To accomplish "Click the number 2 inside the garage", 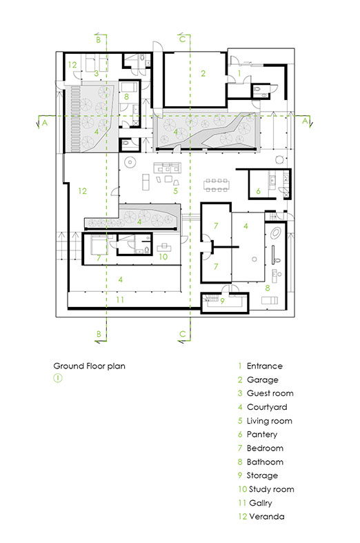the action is (x=203, y=73).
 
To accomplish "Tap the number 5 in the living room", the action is (x=175, y=191).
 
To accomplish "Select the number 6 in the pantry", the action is (x=258, y=191).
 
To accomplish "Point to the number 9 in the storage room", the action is (x=222, y=301).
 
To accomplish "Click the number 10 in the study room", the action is (x=163, y=257).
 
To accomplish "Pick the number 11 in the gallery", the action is (x=120, y=299).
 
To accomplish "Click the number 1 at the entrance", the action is (x=239, y=73).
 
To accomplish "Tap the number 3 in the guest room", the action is (x=97, y=73).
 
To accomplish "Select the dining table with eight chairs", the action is (x=217, y=185).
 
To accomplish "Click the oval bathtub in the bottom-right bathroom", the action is (x=276, y=233).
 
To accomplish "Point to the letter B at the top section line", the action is (x=99, y=40).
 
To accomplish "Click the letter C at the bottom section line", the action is (x=183, y=334).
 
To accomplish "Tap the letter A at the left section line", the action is (x=45, y=123).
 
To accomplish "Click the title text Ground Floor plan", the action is (x=89, y=366).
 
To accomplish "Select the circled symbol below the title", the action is (x=58, y=378).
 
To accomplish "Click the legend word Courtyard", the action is (x=267, y=407).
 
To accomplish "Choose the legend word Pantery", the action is (x=262, y=434).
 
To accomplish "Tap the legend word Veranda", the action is (x=267, y=516).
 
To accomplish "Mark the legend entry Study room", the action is (x=266, y=489).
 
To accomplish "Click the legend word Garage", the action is (x=262, y=380).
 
